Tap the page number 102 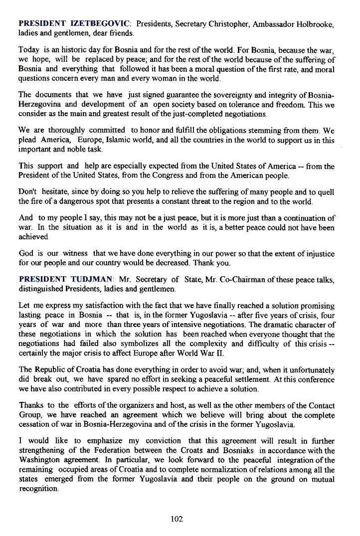177,519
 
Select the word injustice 317,253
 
